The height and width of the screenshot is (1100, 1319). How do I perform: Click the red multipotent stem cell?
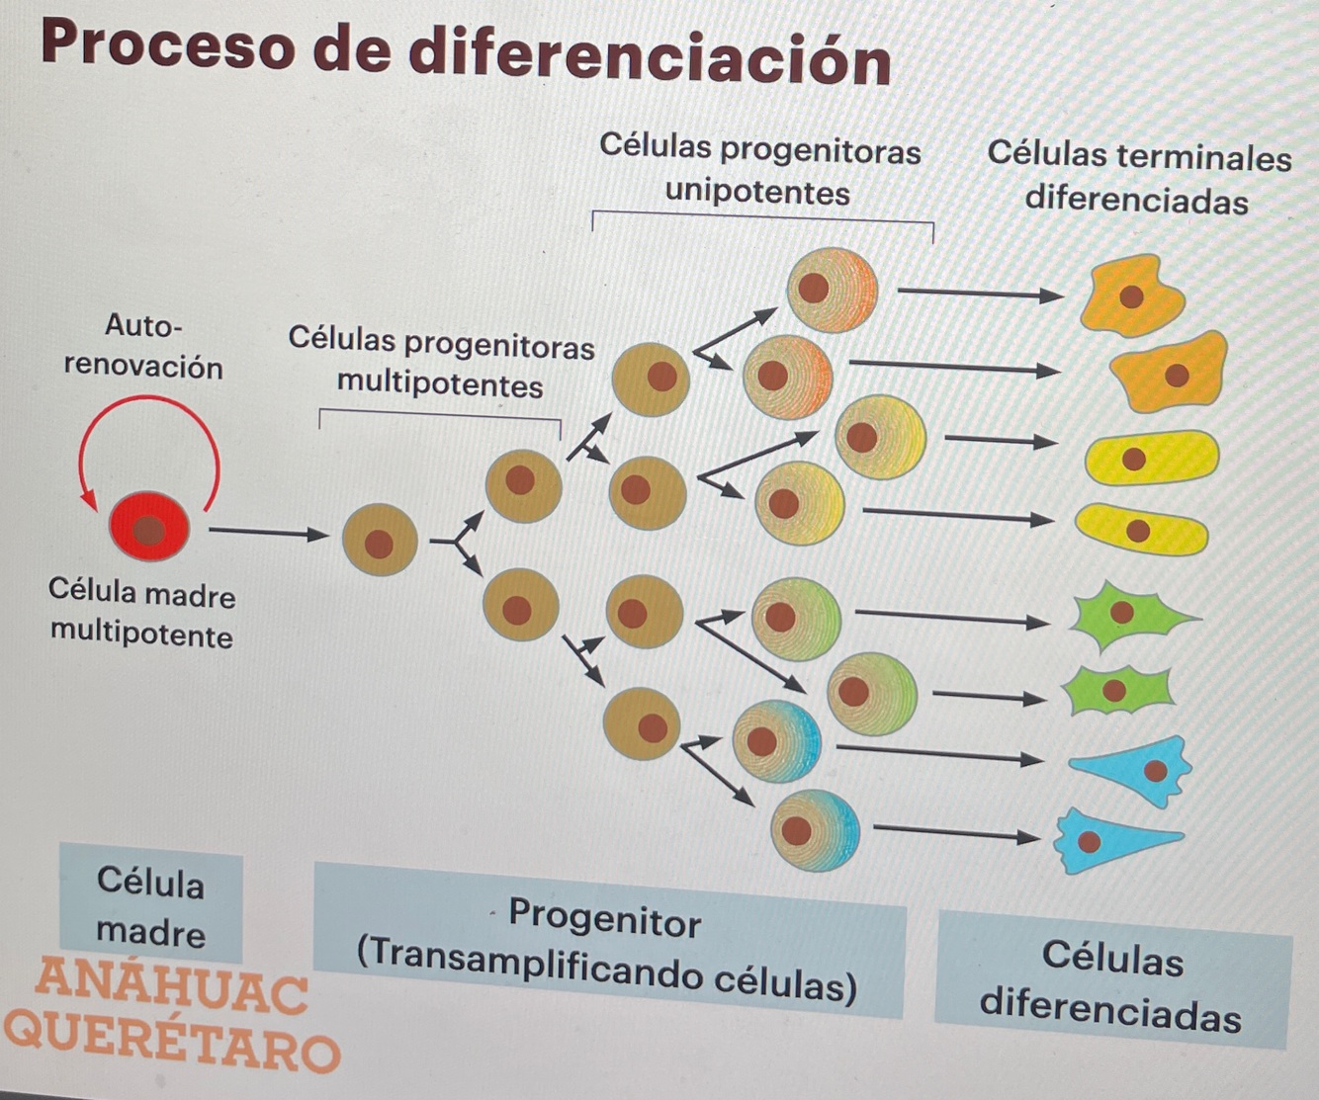(148, 528)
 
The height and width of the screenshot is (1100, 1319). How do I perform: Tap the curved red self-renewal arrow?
(148, 401)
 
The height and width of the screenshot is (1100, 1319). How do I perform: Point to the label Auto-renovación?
(143, 346)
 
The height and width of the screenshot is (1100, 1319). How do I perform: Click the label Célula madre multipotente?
(142, 613)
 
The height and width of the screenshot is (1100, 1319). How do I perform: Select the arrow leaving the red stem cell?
(267, 534)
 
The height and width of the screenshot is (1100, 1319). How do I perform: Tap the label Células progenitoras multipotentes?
(441, 362)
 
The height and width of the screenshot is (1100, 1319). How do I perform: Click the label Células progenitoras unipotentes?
(759, 169)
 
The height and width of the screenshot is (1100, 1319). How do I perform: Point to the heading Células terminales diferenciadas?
(1138, 178)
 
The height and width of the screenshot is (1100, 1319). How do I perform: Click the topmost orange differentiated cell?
(1130, 295)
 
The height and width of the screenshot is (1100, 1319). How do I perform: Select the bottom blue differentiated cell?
(1107, 841)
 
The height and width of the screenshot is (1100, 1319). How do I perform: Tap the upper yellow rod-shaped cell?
(1150, 458)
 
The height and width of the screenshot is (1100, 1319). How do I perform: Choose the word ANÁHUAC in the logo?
(170, 985)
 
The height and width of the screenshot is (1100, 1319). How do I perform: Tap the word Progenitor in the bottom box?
(604, 918)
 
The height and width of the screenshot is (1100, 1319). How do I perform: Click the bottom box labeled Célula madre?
(150, 905)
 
